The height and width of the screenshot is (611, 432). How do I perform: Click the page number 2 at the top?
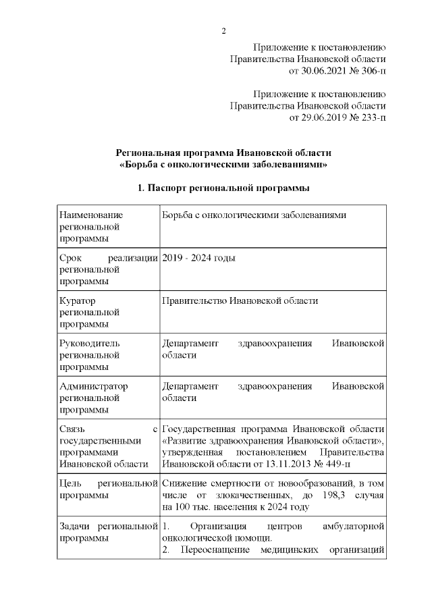[x=223, y=30]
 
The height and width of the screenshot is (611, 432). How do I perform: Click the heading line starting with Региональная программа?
[x=223, y=153]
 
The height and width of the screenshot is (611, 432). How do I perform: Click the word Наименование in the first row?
[x=91, y=215]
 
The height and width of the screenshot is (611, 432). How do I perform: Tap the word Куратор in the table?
[x=78, y=300]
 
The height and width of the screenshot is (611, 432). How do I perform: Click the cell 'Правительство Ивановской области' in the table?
[x=240, y=300]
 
